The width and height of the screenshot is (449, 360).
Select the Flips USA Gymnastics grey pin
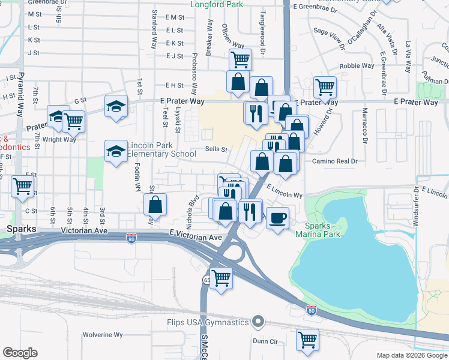258,322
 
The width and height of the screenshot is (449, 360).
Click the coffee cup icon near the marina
277,218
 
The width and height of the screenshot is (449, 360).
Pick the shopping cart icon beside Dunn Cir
308,339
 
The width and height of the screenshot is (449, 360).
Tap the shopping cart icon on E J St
240,59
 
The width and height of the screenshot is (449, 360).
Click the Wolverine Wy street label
103,335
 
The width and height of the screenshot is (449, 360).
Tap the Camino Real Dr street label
334,161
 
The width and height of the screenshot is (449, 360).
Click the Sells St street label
216,149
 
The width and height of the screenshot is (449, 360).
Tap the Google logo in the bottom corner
20,353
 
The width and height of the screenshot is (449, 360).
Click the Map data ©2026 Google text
411,355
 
